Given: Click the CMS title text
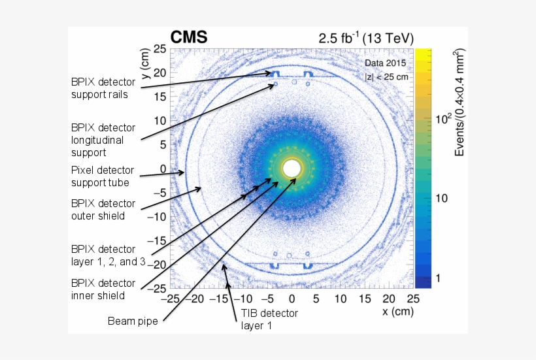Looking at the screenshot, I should click(189, 38).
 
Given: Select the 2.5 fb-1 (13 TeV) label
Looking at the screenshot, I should click(366, 38).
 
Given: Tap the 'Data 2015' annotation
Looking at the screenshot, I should click(386, 63).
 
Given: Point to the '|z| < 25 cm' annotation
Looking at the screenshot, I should click(386, 76).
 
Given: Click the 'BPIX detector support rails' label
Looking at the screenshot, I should click(103, 88).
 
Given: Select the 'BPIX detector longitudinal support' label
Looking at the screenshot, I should click(103, 140).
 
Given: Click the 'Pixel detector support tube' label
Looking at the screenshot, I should click(103, 176).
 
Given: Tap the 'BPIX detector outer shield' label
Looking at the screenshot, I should click(103, 210).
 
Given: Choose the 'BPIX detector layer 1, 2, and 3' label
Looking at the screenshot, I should click(108, 255).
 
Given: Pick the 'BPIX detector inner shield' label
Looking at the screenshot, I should click(103, 289).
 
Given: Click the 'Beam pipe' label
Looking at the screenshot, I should click(133, 321).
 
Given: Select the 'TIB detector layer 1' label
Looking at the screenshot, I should click(269, 319).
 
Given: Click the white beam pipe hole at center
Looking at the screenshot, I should click(292, 169).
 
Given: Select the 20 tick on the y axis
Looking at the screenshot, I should click(159, 73).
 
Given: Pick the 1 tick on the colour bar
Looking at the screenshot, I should click(439, 278).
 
